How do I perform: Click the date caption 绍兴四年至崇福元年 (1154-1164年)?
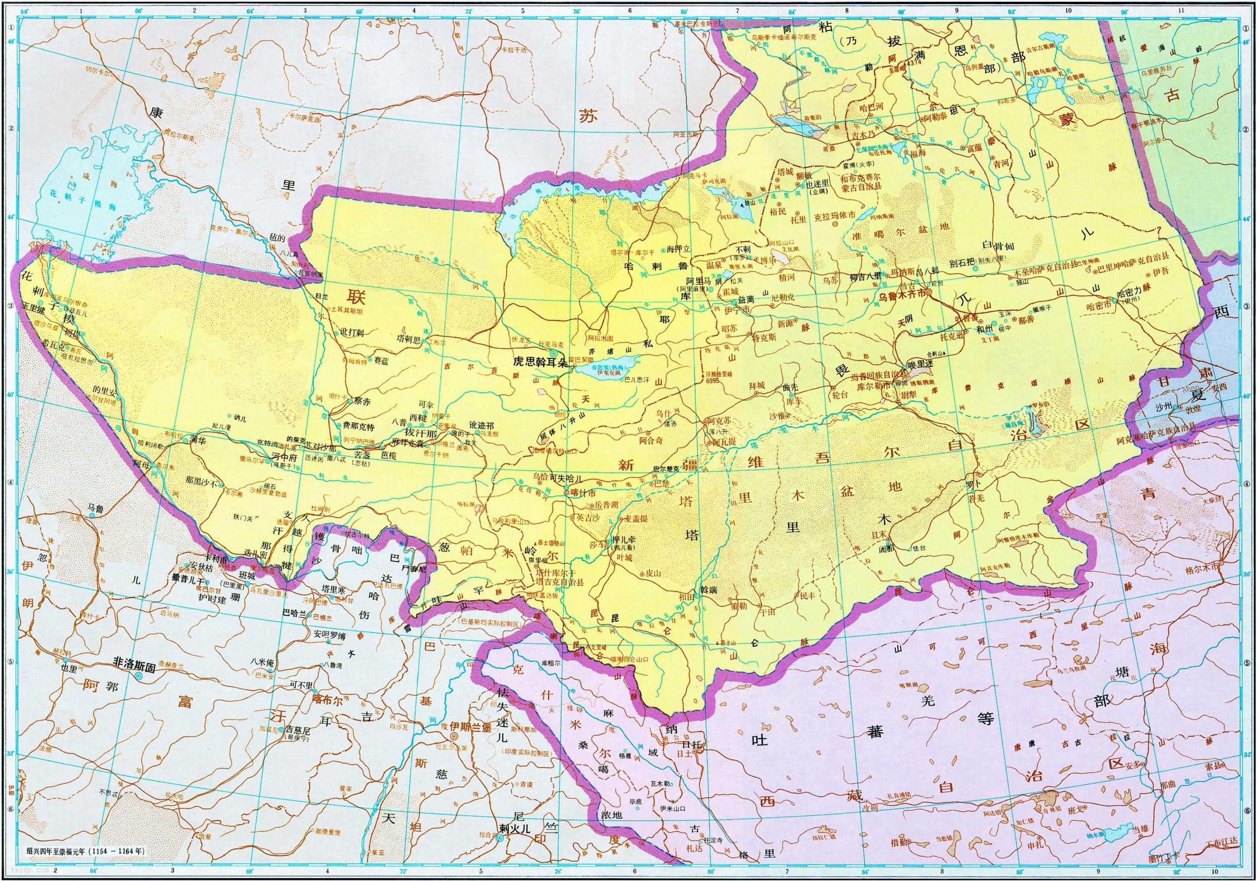[x=85, y=852]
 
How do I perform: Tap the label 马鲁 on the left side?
[x=95, y=509]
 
